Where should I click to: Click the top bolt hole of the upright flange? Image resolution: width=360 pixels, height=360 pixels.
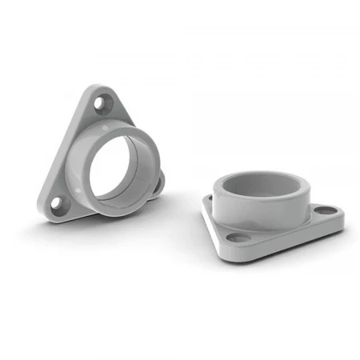click(102, 103)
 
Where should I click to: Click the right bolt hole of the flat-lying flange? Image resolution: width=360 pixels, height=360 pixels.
click(323, 212)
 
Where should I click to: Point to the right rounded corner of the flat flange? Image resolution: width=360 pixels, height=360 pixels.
click(339, 214)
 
